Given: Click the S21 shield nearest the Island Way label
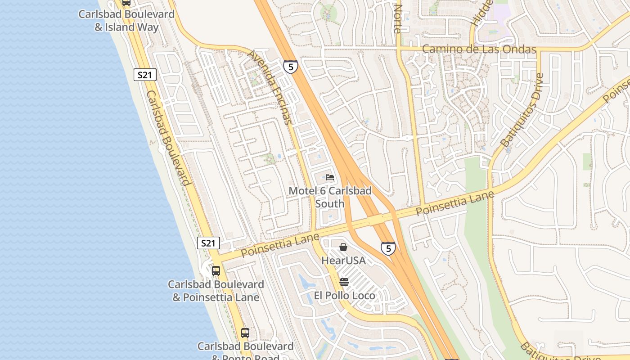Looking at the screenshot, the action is (x=145, y=75).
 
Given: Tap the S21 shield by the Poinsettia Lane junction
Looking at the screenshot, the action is (x=208, y=243).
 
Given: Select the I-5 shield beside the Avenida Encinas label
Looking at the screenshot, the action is (x=291, y=67).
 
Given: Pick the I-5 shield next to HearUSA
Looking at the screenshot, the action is (x=388, y=248).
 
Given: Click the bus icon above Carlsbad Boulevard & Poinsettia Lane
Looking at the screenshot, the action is (x=216, y=271).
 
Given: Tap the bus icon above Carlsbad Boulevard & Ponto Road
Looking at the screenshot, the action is (x=245, y=333).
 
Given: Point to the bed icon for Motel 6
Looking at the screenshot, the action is (x=330, y=177).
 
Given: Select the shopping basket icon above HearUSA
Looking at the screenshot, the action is (x=343, y=247).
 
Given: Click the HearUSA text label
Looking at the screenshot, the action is (x=343, y=261).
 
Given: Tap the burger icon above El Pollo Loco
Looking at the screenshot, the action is (x=344, y=282).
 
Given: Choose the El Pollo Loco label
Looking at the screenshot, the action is (x=344, y=296).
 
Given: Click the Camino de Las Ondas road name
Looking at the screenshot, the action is (x=479, y=49).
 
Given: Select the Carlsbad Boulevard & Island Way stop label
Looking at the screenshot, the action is (x=126, y=21).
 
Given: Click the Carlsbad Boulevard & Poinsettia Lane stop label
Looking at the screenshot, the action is (x=216, y=291).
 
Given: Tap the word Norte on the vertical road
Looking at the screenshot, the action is (x=397, y=19).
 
